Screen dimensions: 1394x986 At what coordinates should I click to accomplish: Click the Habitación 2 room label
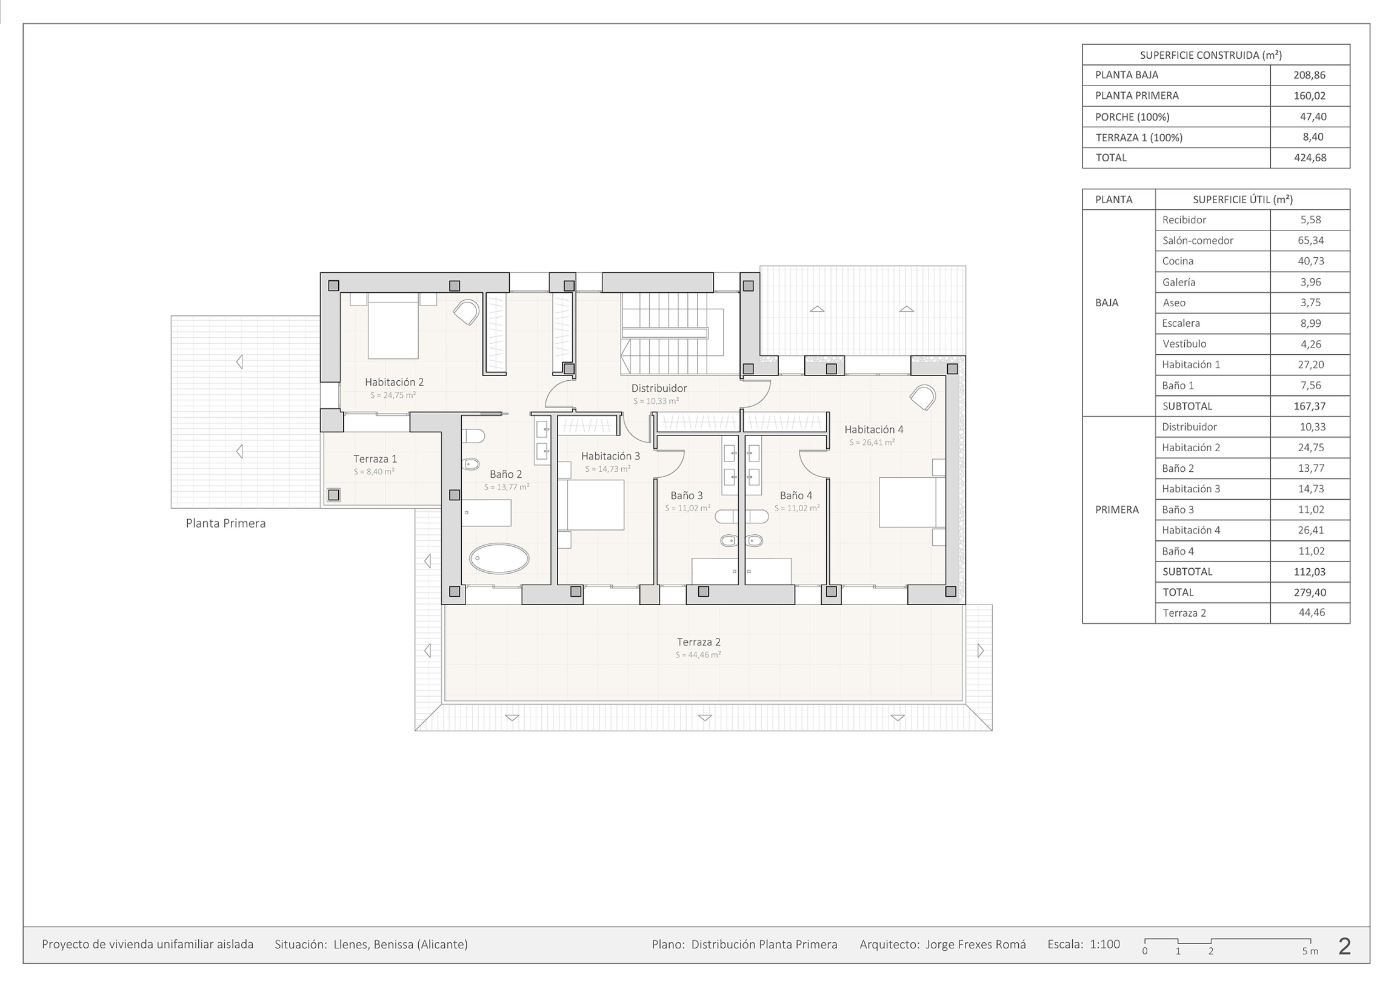[x=394, y=382]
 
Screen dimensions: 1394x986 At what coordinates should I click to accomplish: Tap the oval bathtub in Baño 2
[x=499, y=558]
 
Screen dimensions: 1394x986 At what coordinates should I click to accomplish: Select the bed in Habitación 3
[x=592, y=505]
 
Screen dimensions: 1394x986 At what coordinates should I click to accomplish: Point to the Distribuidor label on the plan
[x=659, y=388]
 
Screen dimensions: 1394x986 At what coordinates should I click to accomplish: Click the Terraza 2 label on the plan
[x=698, y=642]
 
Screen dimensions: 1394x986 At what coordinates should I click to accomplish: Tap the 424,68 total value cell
[x=1310, y=158]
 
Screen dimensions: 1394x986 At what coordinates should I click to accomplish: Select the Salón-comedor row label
[x=1197, y=241]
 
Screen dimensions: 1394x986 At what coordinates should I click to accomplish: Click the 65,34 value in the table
[x=1310, y=241]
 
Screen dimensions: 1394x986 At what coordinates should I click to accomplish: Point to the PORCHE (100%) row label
[x=1132, y=116]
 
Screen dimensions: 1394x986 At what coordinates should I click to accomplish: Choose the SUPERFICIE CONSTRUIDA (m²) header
[x=1210, y=55]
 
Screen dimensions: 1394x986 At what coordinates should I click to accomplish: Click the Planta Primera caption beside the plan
[x=226, y=523]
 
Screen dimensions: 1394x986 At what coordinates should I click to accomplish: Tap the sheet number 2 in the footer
[x=1344, y=946]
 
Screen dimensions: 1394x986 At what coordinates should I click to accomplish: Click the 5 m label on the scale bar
[x=1310, y=951]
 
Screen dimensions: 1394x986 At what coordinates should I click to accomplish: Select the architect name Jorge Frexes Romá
[x=976, y=945]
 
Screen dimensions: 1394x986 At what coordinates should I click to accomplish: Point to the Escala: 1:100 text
[x=1084, y=945]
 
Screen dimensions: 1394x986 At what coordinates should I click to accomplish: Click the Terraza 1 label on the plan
[x=375, y=459]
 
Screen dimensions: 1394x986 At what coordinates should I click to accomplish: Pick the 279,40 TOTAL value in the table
[x=1310, y=592]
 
